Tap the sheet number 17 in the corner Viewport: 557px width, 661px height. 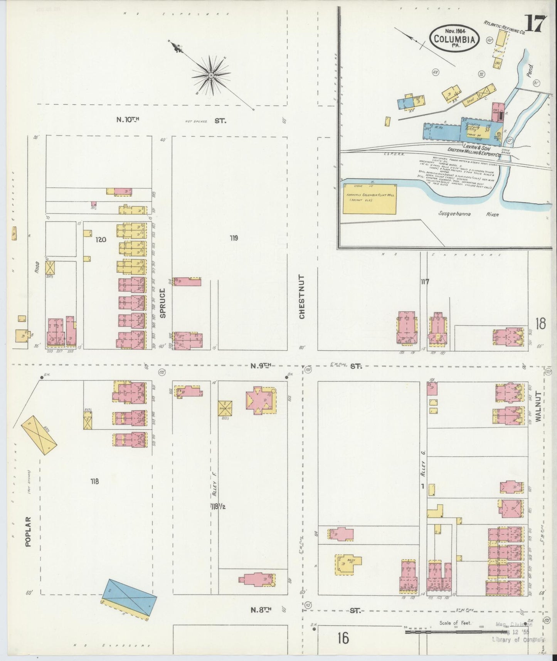coord(535,25)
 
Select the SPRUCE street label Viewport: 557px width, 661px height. coord(163,303)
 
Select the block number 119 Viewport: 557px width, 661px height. coord(234,238)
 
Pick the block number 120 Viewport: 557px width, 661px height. coord(101,239)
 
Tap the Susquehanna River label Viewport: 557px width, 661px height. coord(469,214)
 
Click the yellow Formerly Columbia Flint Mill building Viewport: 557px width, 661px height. coord(369,198)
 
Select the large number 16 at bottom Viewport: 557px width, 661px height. coord(342,638)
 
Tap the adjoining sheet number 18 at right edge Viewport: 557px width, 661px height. coord(540,324)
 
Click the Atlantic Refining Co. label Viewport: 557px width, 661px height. coord(505,27)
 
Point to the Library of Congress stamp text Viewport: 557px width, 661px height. coord(518,640)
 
